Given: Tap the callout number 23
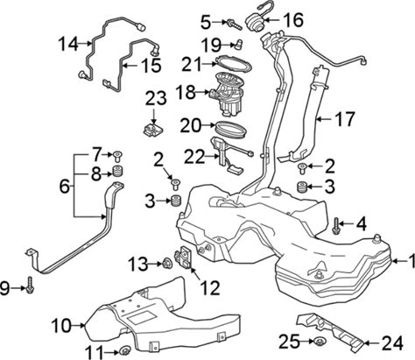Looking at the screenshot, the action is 156,98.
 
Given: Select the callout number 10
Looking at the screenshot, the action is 61,325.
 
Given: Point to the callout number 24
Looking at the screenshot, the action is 393,342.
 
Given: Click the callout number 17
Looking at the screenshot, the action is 344,119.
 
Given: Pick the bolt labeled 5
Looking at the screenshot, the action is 234,25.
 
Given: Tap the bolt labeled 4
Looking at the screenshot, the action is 335,226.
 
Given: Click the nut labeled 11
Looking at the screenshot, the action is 125,349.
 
